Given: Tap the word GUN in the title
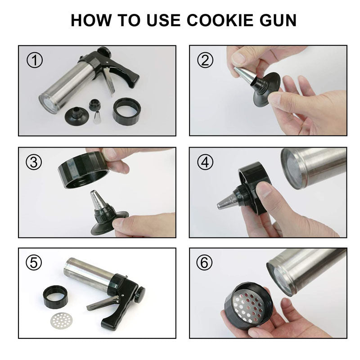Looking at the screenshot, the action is [x=278, y=20].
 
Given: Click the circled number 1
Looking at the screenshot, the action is [x=35, y=60].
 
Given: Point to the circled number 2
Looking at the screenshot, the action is [x=205, y=60].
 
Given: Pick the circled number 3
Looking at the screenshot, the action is [x=34, y=162].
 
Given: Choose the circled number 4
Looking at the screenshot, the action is [x=205, y=162].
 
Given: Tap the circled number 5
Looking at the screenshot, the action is [x=34, y=263].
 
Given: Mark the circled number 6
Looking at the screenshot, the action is [x=204, y=263].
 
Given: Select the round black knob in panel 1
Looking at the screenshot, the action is [x=104, y=52].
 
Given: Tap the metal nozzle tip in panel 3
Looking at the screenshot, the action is [x=97, y=200].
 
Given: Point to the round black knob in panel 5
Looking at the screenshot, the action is [x=139, y=294].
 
